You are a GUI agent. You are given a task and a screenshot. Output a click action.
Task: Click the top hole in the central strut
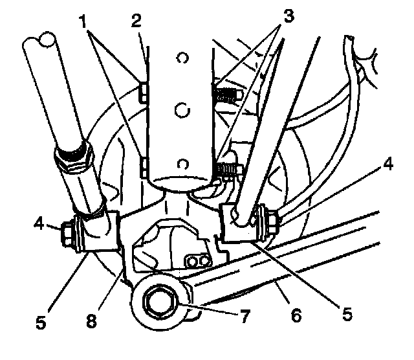(182, 58)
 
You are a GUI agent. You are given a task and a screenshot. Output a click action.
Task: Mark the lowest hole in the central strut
(183, 162)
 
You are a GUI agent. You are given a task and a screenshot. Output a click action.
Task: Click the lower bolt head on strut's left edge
(144, 166)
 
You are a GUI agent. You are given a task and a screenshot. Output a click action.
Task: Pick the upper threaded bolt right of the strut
(227, 95)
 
